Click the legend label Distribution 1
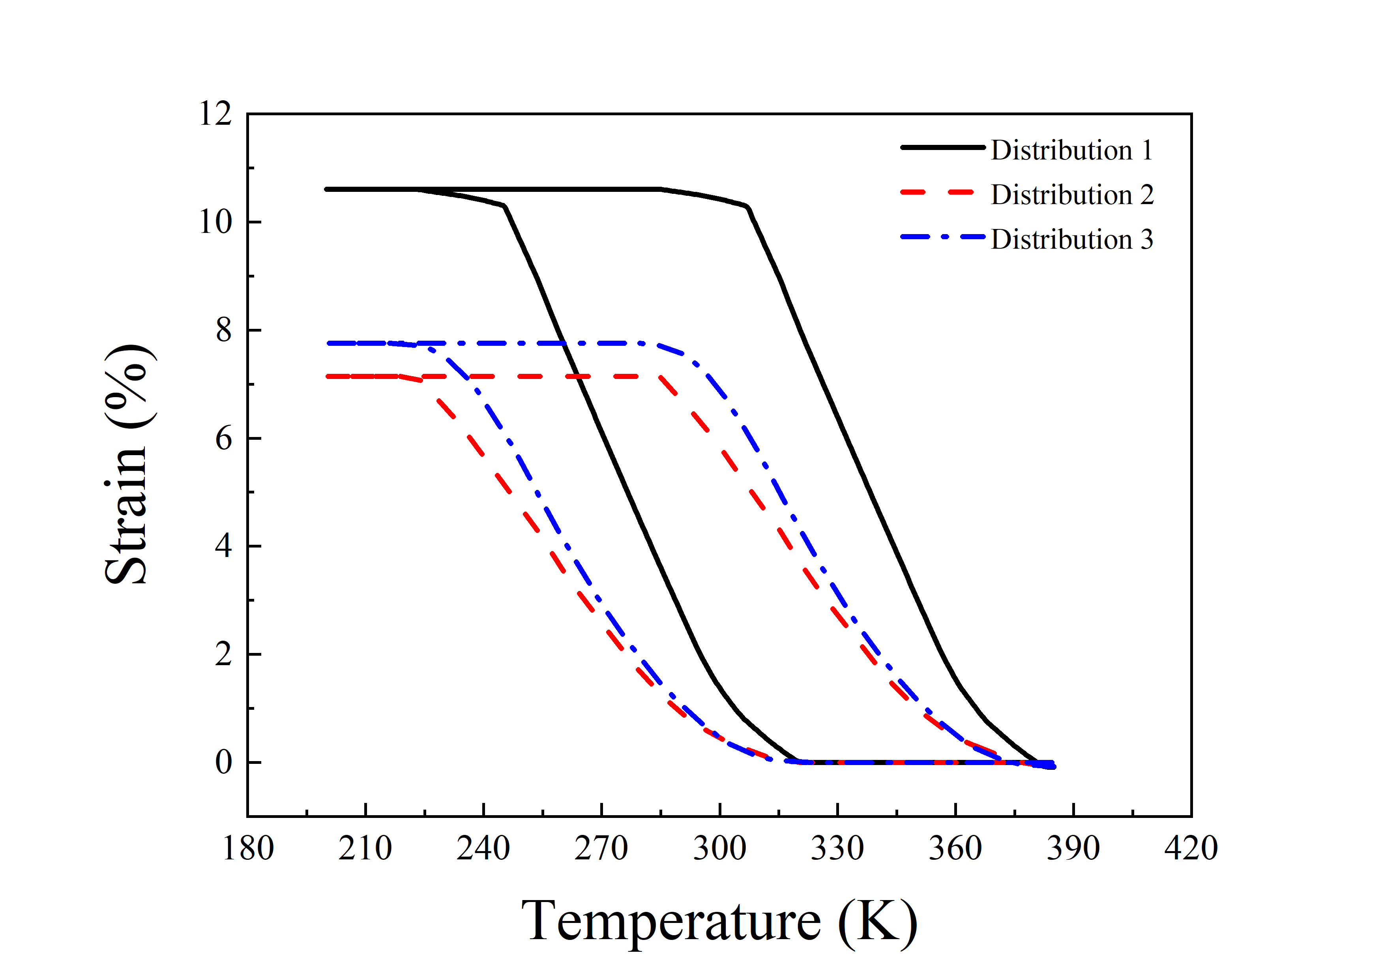pos(1072,150)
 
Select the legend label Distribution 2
pos(1072,195)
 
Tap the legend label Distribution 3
pos(1072,239)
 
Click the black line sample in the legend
pos(942,148)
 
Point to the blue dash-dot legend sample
pos(942,237)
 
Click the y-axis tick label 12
pos(215,113)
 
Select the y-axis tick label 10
pos(215,222)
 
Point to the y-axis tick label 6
pos(224,438)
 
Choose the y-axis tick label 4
pos(224,546)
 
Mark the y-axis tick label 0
pos(224,763)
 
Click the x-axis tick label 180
pos(248,848)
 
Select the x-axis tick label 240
pos(483,848)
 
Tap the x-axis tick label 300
pos(720,848)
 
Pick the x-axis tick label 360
pos(955,848)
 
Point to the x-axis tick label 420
pos(1191,848)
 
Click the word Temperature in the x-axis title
pos(671,921)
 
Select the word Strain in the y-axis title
pos(127,531)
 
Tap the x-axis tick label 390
pos(1073,848)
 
